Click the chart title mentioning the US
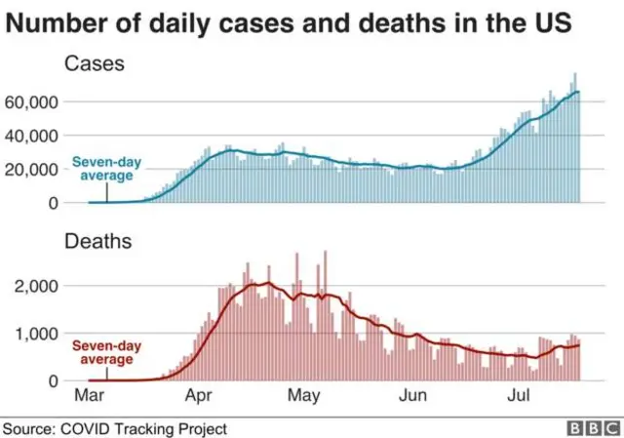point(289,23)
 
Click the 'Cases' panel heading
point(95,63)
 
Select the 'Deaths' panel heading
point(97,241)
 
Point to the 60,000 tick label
point(31,102)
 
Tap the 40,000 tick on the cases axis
point(31,137)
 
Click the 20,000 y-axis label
point(31,170)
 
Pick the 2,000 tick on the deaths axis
point(36,286)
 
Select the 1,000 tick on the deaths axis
point(37,334)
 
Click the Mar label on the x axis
point(90,395)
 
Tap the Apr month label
point(199,396)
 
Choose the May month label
point(303,396)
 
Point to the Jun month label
point(413,395)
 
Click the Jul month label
point(519,395)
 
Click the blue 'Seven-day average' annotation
point(106,169)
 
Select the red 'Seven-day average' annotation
point(106,352)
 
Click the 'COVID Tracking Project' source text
point(143,429)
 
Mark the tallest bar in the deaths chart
point(325,315)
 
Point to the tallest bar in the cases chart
point(575,138)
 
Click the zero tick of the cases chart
point(54,204)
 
